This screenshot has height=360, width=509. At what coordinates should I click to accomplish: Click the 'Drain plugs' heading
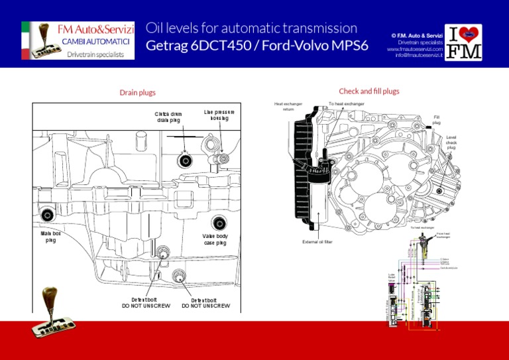138,93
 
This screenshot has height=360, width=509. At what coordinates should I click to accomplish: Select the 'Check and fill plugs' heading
369,91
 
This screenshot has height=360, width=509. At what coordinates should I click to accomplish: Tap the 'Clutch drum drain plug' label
168,117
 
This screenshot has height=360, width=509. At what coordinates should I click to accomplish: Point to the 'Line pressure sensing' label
219,115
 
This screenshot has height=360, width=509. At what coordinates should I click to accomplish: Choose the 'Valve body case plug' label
215,239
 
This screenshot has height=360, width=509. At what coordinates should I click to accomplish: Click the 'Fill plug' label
436,120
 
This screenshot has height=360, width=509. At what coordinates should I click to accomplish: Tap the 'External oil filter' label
317,242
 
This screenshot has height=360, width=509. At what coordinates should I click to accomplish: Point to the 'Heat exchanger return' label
288,107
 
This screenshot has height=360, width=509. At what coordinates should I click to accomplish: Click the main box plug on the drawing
47,214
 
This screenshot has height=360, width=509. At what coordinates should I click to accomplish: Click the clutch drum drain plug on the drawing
185,160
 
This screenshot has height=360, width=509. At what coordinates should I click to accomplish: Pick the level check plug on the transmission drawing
439,192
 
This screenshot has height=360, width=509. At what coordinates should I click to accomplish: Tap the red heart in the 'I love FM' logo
471,33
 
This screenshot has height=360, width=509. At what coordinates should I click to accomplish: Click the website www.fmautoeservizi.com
416,48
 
